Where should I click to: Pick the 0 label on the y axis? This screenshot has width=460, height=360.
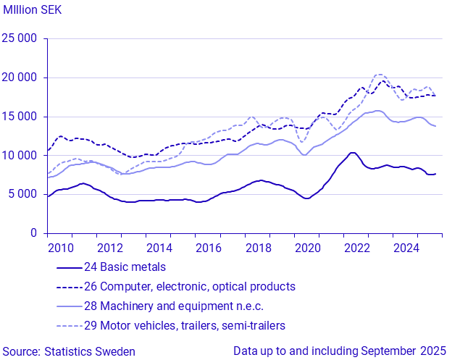tap(34, 233)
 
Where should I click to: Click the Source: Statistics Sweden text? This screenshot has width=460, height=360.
tap(68, 351)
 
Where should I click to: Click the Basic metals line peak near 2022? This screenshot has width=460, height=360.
tap(352, 153)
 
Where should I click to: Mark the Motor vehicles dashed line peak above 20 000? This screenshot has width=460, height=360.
tap(379, 75)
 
